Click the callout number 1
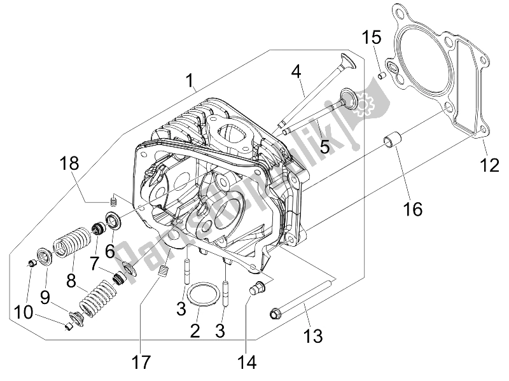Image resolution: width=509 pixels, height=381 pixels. (x=189, y=81)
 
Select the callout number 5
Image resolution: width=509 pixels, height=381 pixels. (x=324, y=148)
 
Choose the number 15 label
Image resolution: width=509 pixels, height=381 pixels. (x=372, y=37)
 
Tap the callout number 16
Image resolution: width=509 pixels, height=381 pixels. (x=412, y=208)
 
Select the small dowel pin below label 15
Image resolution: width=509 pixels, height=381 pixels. (x=382, y=76)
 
